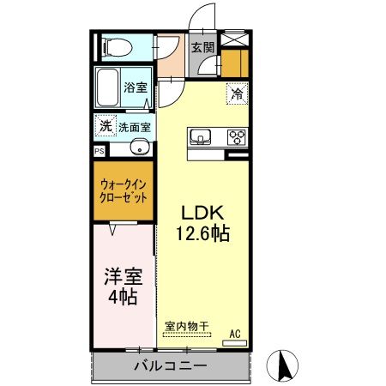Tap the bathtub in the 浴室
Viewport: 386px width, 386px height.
coord(107,87)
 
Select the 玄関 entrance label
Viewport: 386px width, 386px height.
coord(202,48)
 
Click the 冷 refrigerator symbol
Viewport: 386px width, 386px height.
coord(237,94)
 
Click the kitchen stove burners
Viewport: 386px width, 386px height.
coord(236,136)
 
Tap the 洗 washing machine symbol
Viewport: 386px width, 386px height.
coord(104,125)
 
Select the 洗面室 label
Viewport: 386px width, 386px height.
coord(135,127)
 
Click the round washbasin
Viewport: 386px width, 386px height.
coord(137,148)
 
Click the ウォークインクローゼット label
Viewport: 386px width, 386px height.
coord(124,190)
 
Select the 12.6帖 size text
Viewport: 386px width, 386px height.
coord(202,233)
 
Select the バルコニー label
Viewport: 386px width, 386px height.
coord(169,366)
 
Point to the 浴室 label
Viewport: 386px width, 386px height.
coord(136,87)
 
